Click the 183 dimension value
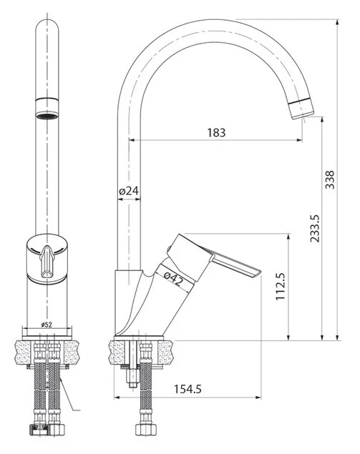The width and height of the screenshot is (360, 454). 216,132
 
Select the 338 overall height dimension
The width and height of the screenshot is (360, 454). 329,179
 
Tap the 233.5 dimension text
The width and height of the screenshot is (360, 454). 314,229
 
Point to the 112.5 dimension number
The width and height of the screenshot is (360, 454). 281,287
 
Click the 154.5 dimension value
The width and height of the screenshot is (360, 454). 188,389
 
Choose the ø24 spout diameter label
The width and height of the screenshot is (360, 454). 129,191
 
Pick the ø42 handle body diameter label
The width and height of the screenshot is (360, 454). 173,278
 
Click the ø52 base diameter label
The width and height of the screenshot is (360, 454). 47,325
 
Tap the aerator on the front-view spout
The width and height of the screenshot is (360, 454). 47,108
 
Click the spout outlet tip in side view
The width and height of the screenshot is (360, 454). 302,109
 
